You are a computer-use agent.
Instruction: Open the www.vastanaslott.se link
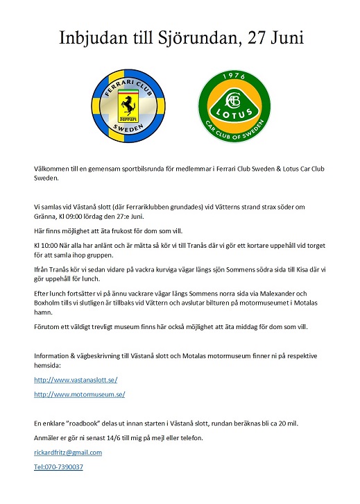(x=76, y=380)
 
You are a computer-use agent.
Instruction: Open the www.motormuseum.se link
(x=79, y=394)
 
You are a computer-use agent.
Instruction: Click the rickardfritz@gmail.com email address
(x=68, y=453)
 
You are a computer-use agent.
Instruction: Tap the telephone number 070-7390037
(x=58, y=467)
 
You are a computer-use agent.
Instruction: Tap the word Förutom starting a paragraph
(x=48, y=325)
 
